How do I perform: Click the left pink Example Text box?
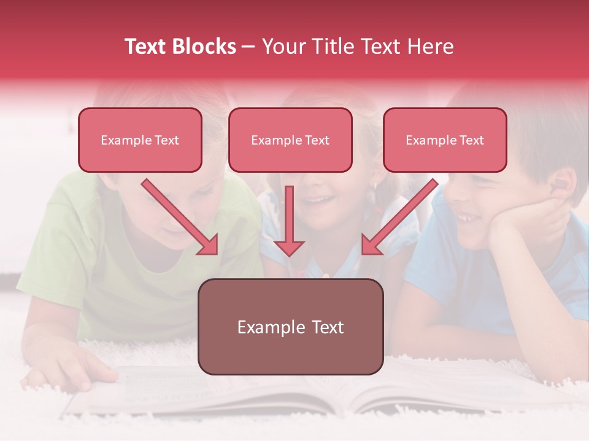click(140, 140)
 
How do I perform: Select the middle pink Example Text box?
click(290, 140)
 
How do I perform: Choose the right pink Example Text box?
click(445, 140)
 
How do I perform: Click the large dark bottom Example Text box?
click(290, 327)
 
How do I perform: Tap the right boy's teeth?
click(466, 217)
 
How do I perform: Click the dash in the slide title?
click(248, 47)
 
